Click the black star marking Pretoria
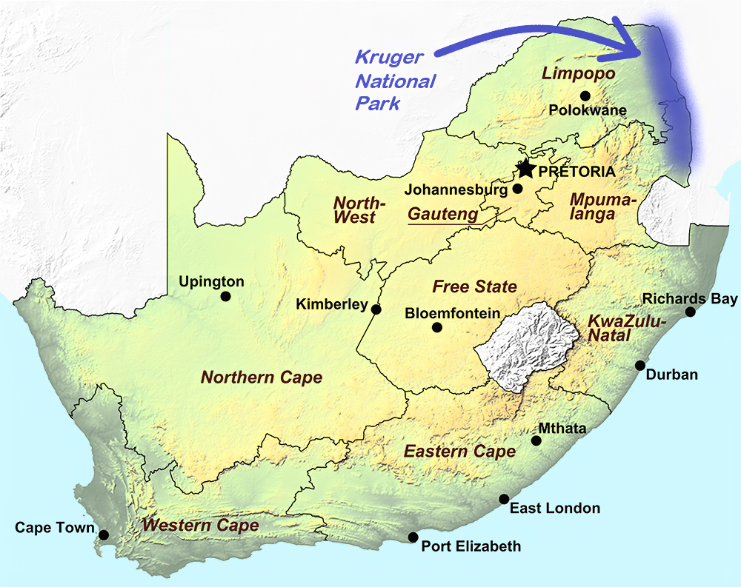pyautogui.click(x=525, y=169)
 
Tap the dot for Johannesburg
pyautogui.click(x=517, y=189)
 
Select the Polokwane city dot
pyautogui.click(x=585, y=95)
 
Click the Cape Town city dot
pyautogui.click(x=104, y=534)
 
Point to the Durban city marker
pyautogui.click(x=640, y=365)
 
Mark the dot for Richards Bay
pyautogui.click(x=690, y=312)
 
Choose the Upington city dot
pyautogui.click(x=225, y=296)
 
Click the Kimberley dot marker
pyautogui.click(x=376, y=309)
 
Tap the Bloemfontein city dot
pyautogui.click(x=437, y=327)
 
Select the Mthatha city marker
pyautogui.click(x=536, y=440)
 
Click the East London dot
pyautogui.click(x=504, y=499)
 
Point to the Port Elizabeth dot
pyautogui.click(x=413, y=537)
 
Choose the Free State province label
pyautogui.click(x=474, y=286)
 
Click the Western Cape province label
pyautogui.click(x=201, y=526)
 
